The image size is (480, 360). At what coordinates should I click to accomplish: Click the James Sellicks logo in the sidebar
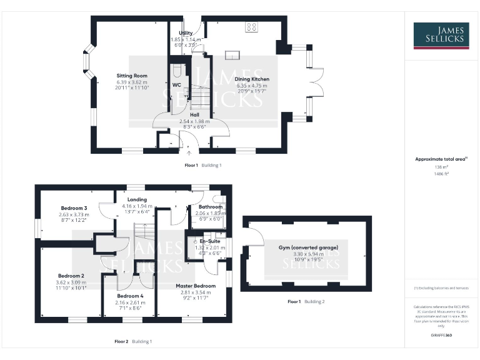click(441, 36)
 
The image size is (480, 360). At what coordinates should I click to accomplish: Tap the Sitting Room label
click(132, 76)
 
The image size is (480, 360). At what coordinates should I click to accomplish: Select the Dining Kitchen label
click(252, 79)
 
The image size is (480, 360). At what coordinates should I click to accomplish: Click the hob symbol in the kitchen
click(251, 27)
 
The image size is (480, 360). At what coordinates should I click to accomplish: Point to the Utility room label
click(186, 32)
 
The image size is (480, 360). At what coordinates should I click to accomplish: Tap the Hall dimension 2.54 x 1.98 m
click(194, 121)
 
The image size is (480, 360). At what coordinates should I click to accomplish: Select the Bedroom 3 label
click(74, 207)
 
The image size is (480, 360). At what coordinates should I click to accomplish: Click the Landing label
click(137, 200)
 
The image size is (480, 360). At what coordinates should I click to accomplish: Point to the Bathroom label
click(210, 206)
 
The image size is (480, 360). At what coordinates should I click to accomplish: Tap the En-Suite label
click(210, 240)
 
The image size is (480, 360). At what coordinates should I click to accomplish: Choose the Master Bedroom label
click(196, 286)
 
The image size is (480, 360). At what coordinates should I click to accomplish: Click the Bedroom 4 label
click(130, 296)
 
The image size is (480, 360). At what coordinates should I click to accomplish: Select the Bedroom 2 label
click(71, 276)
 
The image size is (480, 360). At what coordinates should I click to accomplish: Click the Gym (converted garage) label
click(306, 248)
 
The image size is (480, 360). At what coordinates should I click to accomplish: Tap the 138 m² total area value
click(441, 167)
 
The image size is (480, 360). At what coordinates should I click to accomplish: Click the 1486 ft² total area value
click(441, 174)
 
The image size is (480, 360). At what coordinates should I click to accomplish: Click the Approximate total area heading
click(441, 159)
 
